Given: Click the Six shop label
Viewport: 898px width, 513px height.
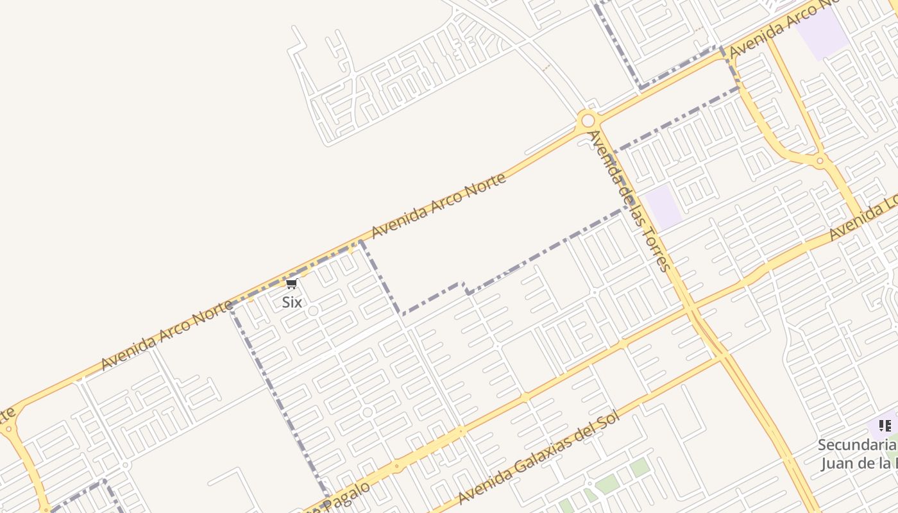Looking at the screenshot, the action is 292,302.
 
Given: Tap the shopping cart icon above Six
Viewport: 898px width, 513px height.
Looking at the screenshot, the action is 292,284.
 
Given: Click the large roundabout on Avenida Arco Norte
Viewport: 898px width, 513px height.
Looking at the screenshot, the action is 586,120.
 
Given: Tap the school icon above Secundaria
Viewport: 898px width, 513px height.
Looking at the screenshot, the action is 885,426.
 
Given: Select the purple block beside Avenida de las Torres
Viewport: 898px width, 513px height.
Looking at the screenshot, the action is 663,206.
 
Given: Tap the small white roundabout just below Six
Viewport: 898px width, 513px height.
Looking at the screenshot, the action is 313,311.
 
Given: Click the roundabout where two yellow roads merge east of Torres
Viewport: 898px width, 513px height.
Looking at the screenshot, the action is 820,161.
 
